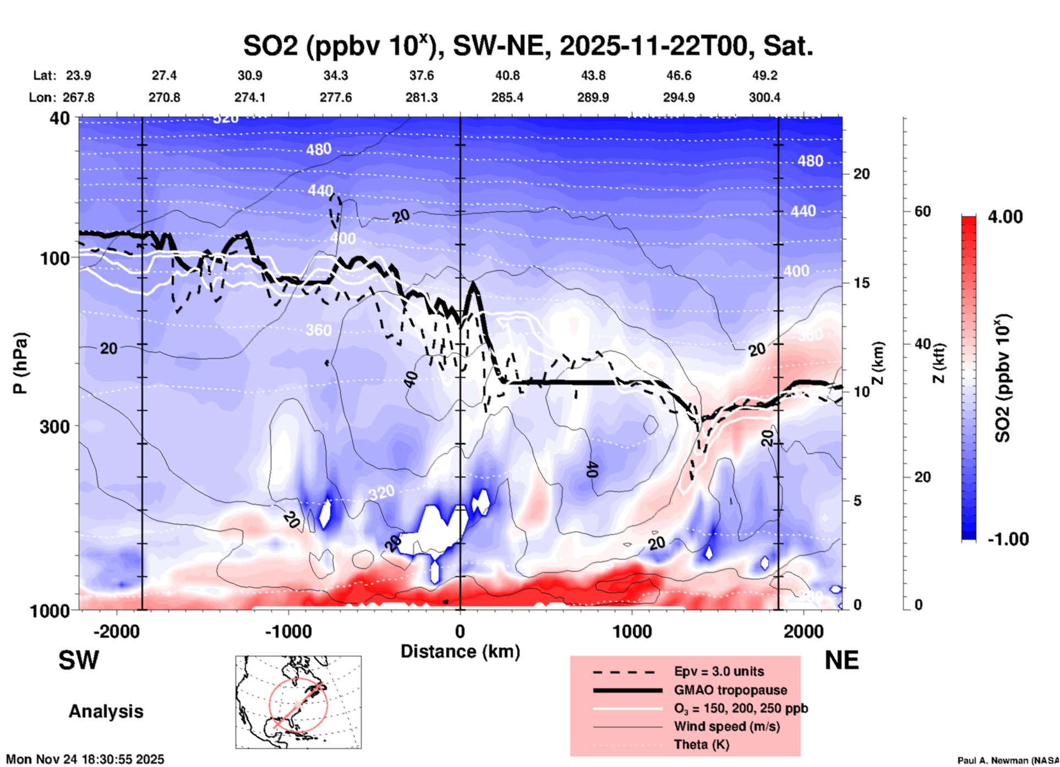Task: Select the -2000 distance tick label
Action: coord(116,631)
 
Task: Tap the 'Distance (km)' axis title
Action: coord(460,651)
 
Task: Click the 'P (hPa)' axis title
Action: coord(21,363)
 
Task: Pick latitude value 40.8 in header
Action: coord(507,75)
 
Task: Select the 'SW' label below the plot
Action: coord(79,660)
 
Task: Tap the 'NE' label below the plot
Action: coord(842,660)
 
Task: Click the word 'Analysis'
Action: coord(106,711)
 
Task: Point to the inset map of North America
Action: coord(298,702)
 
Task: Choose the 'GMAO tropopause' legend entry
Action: coord(730,690)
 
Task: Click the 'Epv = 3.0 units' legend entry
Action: coord(718,671)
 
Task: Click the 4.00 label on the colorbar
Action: coord(1005,217)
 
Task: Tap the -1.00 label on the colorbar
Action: coord(1008,539)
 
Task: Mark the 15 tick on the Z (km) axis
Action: coord(861,283)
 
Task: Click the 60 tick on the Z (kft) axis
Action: coord(922,211)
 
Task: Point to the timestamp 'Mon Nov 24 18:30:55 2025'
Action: coord(85,759)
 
